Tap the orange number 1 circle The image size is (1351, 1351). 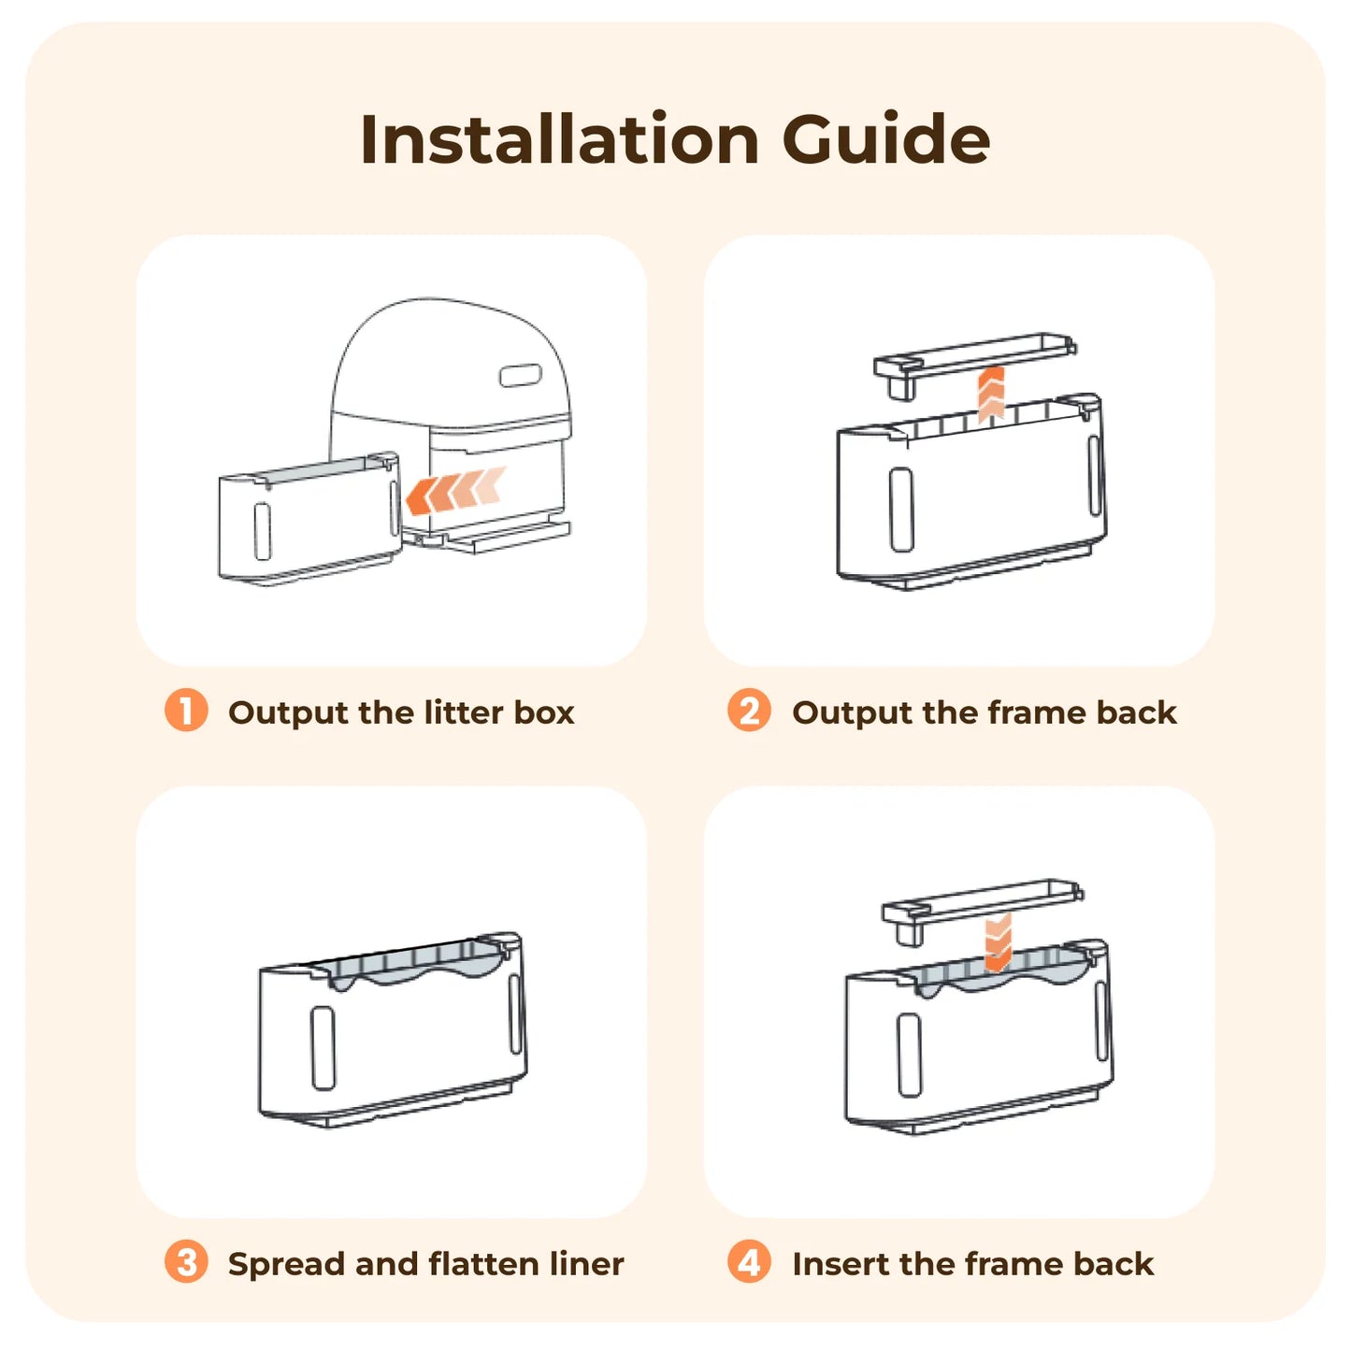pos(186,711)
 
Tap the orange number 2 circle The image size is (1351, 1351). pos(750,711)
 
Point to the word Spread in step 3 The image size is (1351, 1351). pos(287,1266)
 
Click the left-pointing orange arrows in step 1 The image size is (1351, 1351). pos(455,491)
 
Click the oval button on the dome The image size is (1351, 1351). pos(520,376)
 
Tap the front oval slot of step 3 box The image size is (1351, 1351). pos(323,1049)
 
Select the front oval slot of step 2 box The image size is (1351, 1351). pos(901,510)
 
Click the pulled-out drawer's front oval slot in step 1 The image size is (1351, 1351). pos(262,531)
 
